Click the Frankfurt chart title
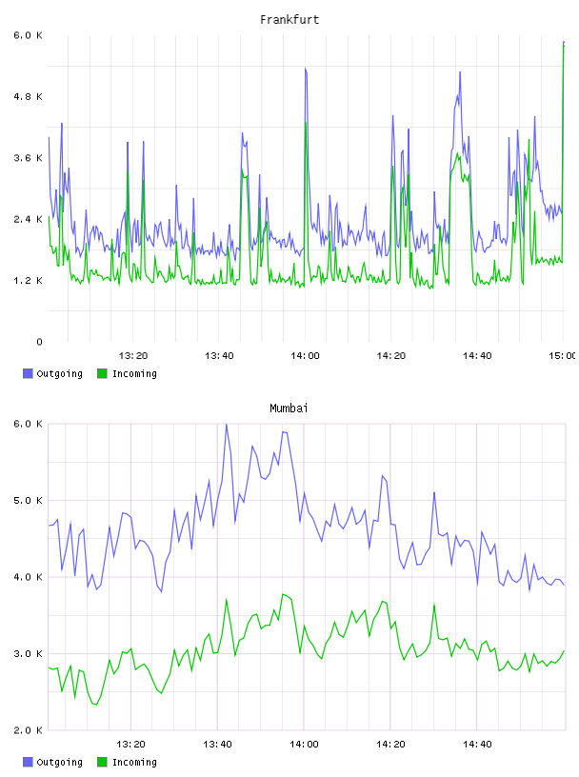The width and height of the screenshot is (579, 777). [x=289, y=20]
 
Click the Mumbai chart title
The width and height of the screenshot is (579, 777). [x=289, y=408]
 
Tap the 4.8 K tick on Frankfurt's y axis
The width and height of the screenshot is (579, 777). [x=29, y=96]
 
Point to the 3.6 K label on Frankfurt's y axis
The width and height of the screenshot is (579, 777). [x=29, y=158]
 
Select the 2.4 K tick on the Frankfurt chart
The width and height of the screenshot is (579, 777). [x=29, y=220]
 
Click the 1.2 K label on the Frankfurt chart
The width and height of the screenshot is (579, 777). [x=29, y=281]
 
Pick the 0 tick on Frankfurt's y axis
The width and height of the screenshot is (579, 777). [x=39, y=342]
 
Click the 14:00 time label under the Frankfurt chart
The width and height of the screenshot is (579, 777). [x=305, y=356]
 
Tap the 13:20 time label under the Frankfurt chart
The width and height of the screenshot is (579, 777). [x=133, y=356]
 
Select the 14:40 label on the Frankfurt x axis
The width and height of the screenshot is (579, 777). [x=477, y=356]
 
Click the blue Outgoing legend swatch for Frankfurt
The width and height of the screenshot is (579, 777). [x=28, y=373]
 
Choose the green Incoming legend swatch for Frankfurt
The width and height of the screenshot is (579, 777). [x=102, y=373]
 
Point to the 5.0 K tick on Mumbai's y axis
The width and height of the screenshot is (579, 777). [x=29, y=501]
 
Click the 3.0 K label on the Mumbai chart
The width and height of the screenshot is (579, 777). [x=29, y=653]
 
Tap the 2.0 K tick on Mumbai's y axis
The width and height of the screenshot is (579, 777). [x=29, y=730]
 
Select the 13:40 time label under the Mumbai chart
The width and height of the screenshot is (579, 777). [x=217, y=745]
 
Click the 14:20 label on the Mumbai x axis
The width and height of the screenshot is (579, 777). [x=390, y=745]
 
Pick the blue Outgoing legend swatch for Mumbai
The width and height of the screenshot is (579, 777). [x=28, y=762]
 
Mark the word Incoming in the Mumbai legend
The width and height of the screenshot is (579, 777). [x=134, y=763]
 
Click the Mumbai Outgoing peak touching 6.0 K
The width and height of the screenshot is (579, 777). [x=226, y=425]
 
